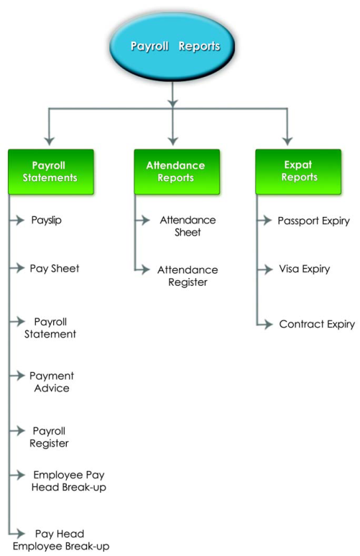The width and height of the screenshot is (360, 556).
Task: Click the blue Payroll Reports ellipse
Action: click(x=175, y=47)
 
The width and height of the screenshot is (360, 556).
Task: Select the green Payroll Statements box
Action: click(x=50, y=172)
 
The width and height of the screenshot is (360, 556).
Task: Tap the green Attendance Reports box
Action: click(x=175, y=171)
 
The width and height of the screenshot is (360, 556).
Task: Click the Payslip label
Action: click(x=47, y=220)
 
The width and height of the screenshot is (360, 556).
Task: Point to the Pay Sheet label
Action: click(x=54, y=268)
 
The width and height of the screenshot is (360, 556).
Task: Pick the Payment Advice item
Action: click(x=51, y=381)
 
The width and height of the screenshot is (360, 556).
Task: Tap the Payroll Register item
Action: click(x=49, y=437)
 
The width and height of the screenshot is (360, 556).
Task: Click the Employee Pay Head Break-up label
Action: click(x=69, y=481)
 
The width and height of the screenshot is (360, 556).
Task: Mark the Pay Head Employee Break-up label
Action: click(x=71, y=540)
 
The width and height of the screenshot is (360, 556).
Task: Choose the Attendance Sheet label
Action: click(x=188, y=226)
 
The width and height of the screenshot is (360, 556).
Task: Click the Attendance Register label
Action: click(x=188, y=276)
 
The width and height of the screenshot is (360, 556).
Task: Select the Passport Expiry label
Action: click(x=313, y=221)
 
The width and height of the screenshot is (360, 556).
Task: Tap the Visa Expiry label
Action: click(x=304, y=269)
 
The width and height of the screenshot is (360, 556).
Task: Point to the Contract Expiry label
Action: click(x=317, y=325)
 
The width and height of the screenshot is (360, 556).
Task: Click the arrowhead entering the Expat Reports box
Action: click(x=287, y=140)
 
